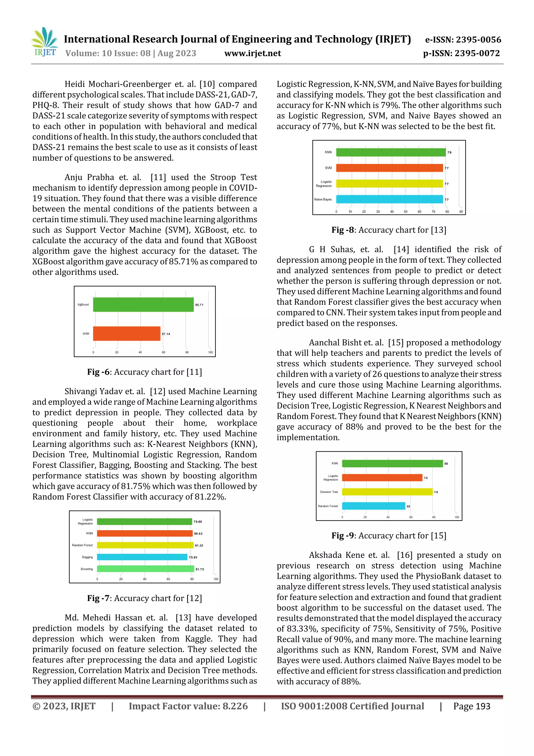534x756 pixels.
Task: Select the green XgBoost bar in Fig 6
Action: coord(143,305)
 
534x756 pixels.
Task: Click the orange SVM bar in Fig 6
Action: coord(127,334)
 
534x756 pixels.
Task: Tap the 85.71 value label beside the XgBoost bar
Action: coord(199,305)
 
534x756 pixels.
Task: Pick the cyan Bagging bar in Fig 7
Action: coord(142,557)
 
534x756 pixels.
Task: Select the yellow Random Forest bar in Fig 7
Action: coord(145,545)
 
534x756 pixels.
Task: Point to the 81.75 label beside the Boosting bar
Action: coord(200,569)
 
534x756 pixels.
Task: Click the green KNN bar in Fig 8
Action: coord(391,152)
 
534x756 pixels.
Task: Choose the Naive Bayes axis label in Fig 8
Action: coord(323,199)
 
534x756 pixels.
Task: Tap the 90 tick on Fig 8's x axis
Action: coord(461,212)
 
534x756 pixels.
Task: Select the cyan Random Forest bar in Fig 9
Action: coord(373,506)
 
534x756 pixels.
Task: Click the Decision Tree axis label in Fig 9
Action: coord(329,492)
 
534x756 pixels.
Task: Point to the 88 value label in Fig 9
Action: coord(446,464)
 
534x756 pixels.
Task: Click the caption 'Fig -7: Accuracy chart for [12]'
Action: coord(144,598)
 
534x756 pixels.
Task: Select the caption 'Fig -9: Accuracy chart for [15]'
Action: coord(389,536)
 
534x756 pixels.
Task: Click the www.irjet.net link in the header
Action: coord(253,53)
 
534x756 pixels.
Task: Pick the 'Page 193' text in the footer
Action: coord(471,706)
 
